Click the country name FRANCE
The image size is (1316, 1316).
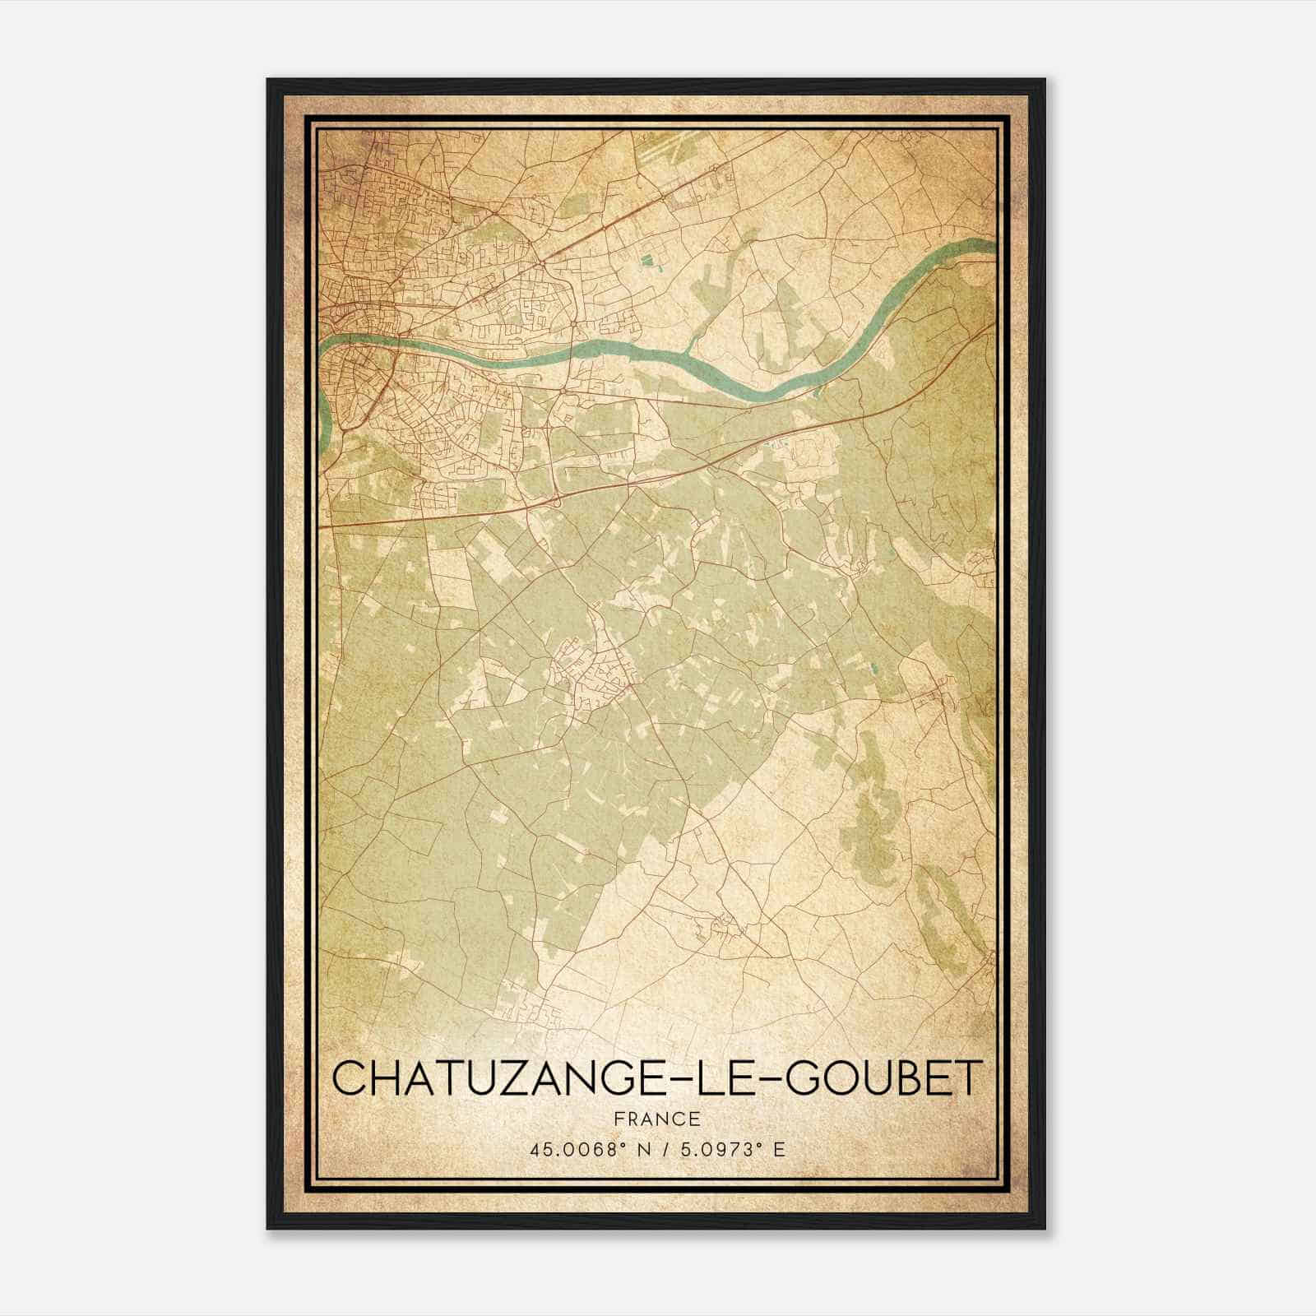click(657, 1119)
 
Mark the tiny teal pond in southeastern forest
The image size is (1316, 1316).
click(874, 670)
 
